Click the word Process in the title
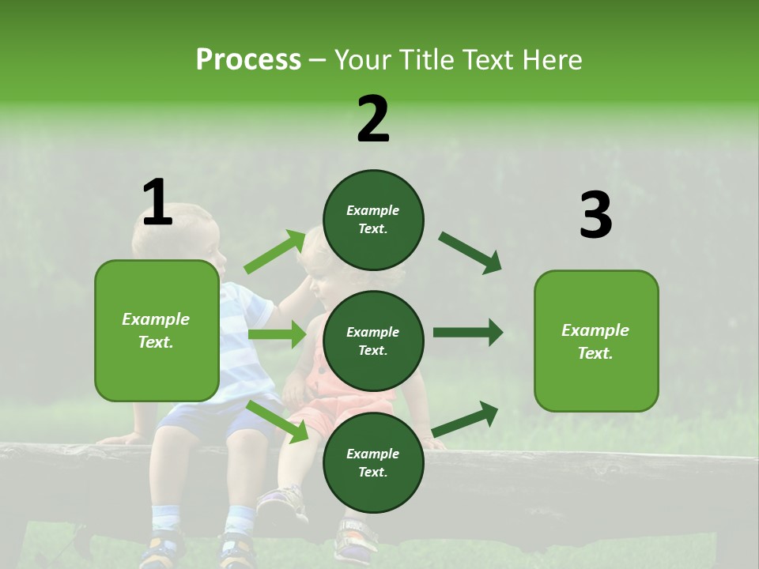coord(248,59)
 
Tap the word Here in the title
coord(552,59)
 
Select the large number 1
coord(157,202)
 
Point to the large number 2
coord(372,119)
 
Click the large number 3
coord(596,214)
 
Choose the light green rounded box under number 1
coord(157,330)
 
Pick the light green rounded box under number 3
coord(596,341)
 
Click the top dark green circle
coord(373,220)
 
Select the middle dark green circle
coord(373,341)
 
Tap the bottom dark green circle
coord(373,462)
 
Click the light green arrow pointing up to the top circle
coord(275,251)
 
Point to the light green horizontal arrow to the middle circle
coord(277,333)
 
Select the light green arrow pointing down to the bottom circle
coord(278,421)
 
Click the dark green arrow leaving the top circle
coord(470,253)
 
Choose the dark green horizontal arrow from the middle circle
coord(468,333)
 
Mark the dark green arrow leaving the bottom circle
coord(465,419)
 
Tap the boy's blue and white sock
coord(165,518)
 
